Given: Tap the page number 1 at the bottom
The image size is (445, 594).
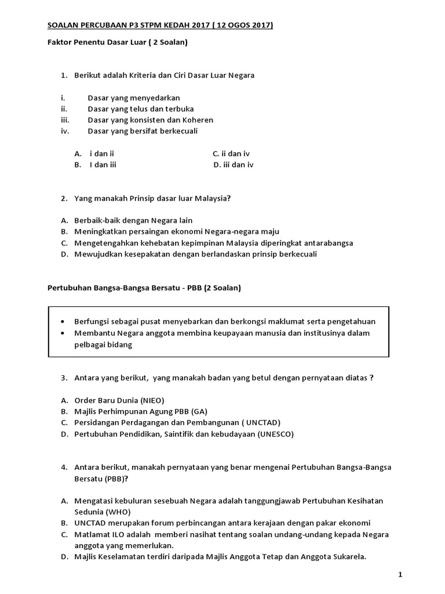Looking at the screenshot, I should pos(400,574).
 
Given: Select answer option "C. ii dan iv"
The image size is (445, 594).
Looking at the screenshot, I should pos(231,154).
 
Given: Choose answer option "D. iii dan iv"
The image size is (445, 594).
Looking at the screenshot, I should pos(234,165).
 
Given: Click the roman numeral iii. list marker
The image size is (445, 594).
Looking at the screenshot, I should pos(64,120).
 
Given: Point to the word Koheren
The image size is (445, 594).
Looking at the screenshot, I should pos(199,120).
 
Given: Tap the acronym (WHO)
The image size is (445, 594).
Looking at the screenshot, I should pos(118,512).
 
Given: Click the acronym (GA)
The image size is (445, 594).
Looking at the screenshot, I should pos(200,411).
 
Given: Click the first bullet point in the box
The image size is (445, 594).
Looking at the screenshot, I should pos(63,322).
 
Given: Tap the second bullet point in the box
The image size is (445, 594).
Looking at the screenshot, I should pos(63,333).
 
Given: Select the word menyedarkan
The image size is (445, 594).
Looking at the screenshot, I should pos(154,98).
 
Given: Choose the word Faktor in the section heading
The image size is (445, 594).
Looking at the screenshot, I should pos(59,43).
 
